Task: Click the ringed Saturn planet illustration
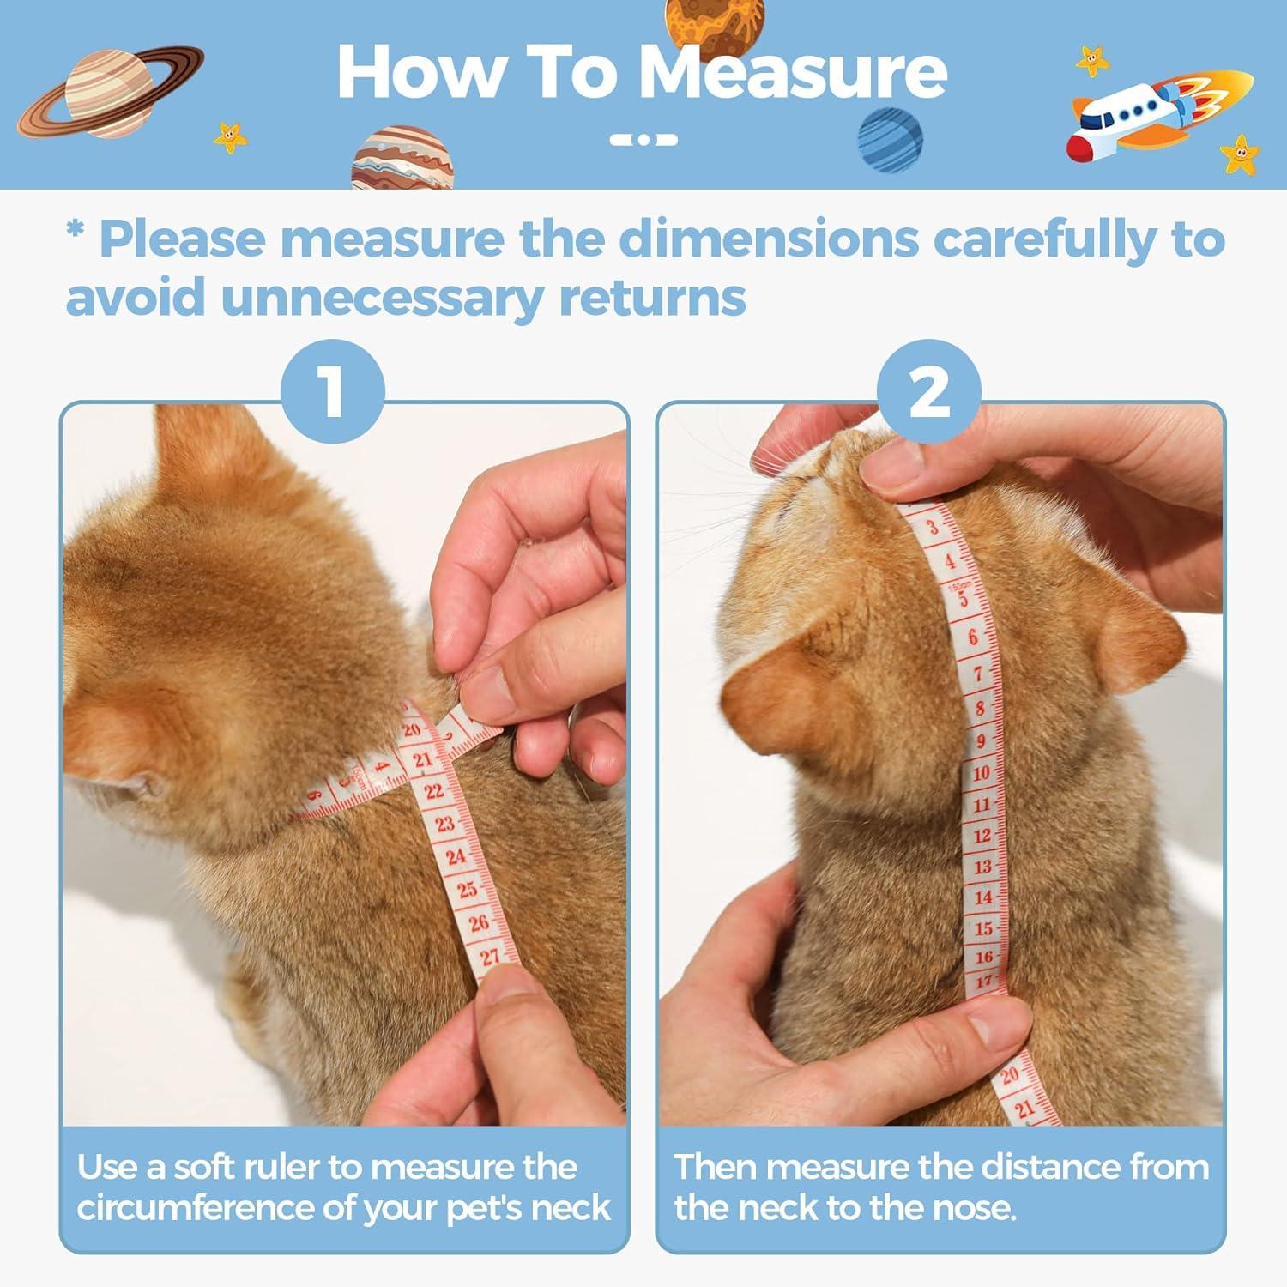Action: [110, 93]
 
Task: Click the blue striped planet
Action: [891, 140]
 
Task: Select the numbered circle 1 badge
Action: [333, 391]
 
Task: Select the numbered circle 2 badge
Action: [929, 391]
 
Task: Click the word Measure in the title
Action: [794, 72]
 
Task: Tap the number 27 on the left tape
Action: [489, 956]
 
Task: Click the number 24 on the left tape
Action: [456, 856]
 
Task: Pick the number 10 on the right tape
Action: [981, 772]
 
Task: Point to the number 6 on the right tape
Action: [973, 637]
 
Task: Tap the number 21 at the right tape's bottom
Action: [1025, 1109]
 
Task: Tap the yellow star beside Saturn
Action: [230, 136]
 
